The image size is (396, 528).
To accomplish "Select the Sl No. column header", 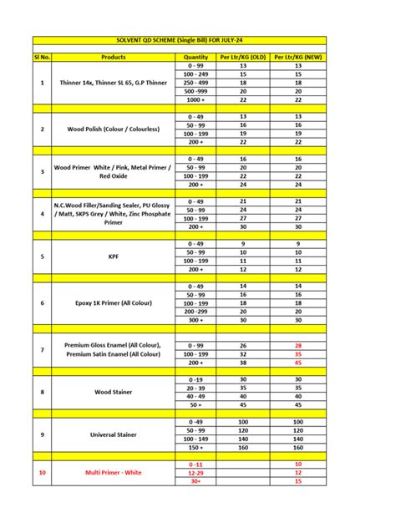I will (x=42, y=57).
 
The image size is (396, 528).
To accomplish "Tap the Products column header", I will (x=113, y=57).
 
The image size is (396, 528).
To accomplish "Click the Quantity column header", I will (x=195, y=57).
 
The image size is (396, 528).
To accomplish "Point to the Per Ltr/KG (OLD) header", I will (x=243, y=57).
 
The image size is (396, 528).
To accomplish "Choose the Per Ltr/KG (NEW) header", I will (x=297, y=57).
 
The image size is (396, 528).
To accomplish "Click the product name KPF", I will (x=113, y=256).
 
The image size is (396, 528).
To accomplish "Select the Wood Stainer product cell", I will (x=113, y=391).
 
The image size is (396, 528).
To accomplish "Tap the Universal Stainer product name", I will (x=113, y=434).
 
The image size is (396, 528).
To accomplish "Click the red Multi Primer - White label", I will (x=113, y=472).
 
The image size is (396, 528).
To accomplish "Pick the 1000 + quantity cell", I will (x=195, y=99).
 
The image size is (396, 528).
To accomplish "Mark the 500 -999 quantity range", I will (x=195, y=91).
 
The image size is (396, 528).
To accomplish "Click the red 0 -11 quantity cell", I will (x=195, y=463).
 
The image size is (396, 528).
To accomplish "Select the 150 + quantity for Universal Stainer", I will (x=195, y=447).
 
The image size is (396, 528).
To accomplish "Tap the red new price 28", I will (x=297, y=345).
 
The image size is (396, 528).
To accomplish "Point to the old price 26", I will (x=243, y=345).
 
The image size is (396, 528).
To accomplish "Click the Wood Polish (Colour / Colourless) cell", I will (x=113, y=129).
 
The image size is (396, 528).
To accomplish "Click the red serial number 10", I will (x=42, y=472).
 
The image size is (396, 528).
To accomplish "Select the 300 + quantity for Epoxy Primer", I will (x=195, y=318).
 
